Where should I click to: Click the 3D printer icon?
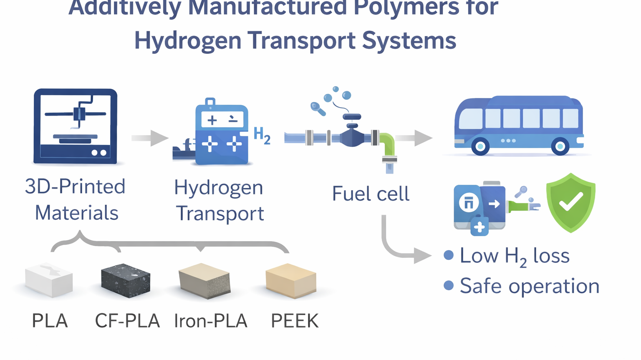(x=75, y=126)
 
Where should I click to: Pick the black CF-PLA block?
(x=126, y=280)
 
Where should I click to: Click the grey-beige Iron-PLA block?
(x=204, y=280)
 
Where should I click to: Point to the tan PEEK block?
(x=291, y=280)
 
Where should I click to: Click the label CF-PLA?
(x=127, y=321)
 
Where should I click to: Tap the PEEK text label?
(x=295, y=321)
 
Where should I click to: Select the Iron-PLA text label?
(x=211, y=321)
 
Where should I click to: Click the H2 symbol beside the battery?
(x=262, y=136)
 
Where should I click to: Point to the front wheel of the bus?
(x=480, y=146)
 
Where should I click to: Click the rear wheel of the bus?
(x=560, y=146)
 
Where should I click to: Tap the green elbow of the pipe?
(x=387, y=144)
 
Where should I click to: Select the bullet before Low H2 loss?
(x=449, y=255)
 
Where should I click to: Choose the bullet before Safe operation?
(x=449, y=285)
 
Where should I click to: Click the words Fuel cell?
(x=371, y=194)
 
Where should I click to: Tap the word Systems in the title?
(x=409, y=41)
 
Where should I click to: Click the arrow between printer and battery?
(x=150, y=138)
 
